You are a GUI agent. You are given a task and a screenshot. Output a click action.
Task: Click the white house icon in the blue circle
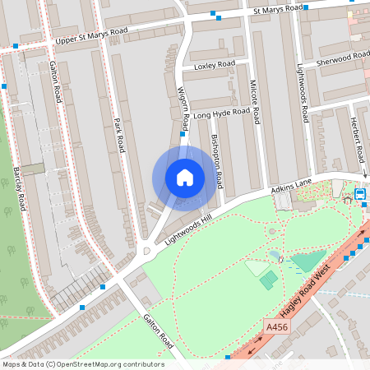pos(185,178)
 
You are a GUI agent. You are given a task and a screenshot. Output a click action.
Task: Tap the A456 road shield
pos(277,327)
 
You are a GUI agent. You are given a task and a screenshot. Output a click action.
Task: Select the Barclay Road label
pos(18,189)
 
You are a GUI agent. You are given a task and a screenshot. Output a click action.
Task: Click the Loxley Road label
pos(214,65)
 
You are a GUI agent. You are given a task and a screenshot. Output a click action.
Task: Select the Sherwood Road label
pos(343,58)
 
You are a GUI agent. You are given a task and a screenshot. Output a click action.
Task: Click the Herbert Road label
pos(357,141)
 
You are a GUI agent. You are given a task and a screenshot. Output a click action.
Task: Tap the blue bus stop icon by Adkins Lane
pos(359,195)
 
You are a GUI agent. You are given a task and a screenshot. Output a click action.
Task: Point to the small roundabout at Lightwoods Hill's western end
pos(146,251)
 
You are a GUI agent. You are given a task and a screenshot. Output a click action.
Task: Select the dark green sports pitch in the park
pos(268,280)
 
